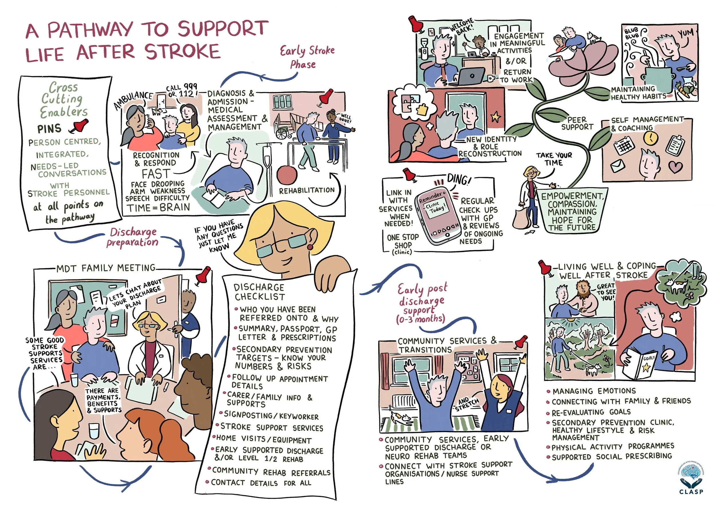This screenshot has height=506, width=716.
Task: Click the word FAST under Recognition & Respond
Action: tap(156, 174)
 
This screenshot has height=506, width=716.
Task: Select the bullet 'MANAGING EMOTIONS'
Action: tap(594, 391)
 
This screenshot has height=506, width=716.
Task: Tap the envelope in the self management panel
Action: tap(619, 166)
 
